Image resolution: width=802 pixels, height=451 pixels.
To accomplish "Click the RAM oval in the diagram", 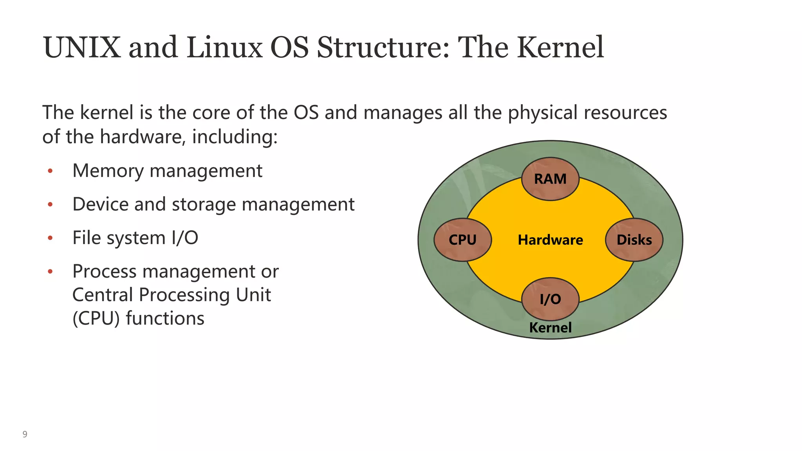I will pos(550,179).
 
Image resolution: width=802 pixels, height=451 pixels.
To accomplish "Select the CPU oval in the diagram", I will pos(462,240).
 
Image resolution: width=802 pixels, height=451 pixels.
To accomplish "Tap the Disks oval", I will pos(634,240).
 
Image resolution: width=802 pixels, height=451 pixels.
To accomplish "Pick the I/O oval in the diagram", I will pos(550,299).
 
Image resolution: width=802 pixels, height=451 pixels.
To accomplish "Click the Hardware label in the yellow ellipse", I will pos(550,240).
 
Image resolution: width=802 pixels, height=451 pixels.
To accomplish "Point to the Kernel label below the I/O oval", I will pos(550,327).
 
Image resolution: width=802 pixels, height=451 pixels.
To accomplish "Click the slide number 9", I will pos(25,434).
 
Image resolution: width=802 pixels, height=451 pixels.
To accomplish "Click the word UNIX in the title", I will pos(82,48).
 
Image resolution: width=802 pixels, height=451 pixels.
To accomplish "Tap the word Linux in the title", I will pos(224,48).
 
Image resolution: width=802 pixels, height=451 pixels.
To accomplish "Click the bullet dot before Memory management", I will pos(50,171).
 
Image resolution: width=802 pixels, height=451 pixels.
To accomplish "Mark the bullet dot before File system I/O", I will pos(50,238).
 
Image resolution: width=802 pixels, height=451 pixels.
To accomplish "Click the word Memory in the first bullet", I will pos(108,171).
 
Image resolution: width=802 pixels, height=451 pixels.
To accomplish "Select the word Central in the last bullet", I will pos(103,295).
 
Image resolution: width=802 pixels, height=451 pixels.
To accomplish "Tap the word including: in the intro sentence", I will pos(235,137).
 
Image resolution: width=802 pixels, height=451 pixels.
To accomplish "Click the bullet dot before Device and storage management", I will pos(50,204).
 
